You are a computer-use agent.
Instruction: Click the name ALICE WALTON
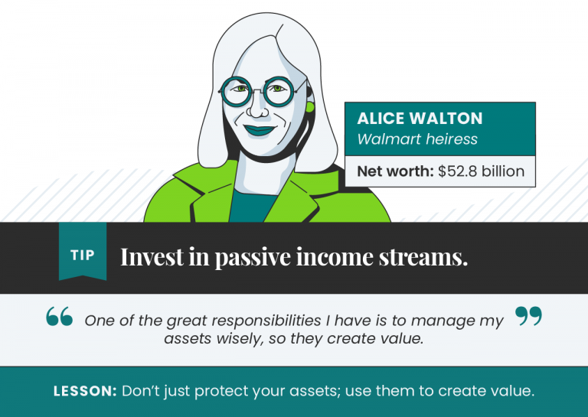pos(420,119)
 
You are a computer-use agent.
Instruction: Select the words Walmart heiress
pos(417,139)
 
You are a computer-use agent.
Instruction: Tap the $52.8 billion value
pos(481,171)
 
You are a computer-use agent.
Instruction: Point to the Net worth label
pos(395,171)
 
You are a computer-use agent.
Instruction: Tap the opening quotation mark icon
pos(60,318)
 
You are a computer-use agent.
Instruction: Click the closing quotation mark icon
pos(528,316)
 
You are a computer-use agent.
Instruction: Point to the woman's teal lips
pos(259,131)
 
